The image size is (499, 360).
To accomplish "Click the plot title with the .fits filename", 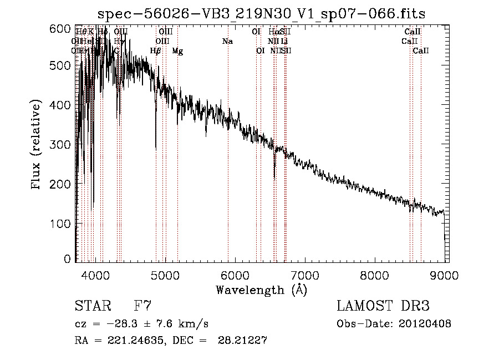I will coord(262,14).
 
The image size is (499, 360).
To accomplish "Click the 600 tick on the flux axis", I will coord(64,29).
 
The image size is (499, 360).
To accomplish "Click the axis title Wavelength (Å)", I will coord(261,290).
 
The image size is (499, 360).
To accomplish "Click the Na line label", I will coord(227,42).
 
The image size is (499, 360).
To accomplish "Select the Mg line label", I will coord(177,51).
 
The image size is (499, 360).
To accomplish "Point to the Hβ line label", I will coord(156,51).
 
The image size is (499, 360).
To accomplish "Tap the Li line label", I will coord(284,42).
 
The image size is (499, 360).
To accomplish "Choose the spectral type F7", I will coord(143,306).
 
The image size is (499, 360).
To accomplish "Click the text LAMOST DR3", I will coord(383,306).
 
